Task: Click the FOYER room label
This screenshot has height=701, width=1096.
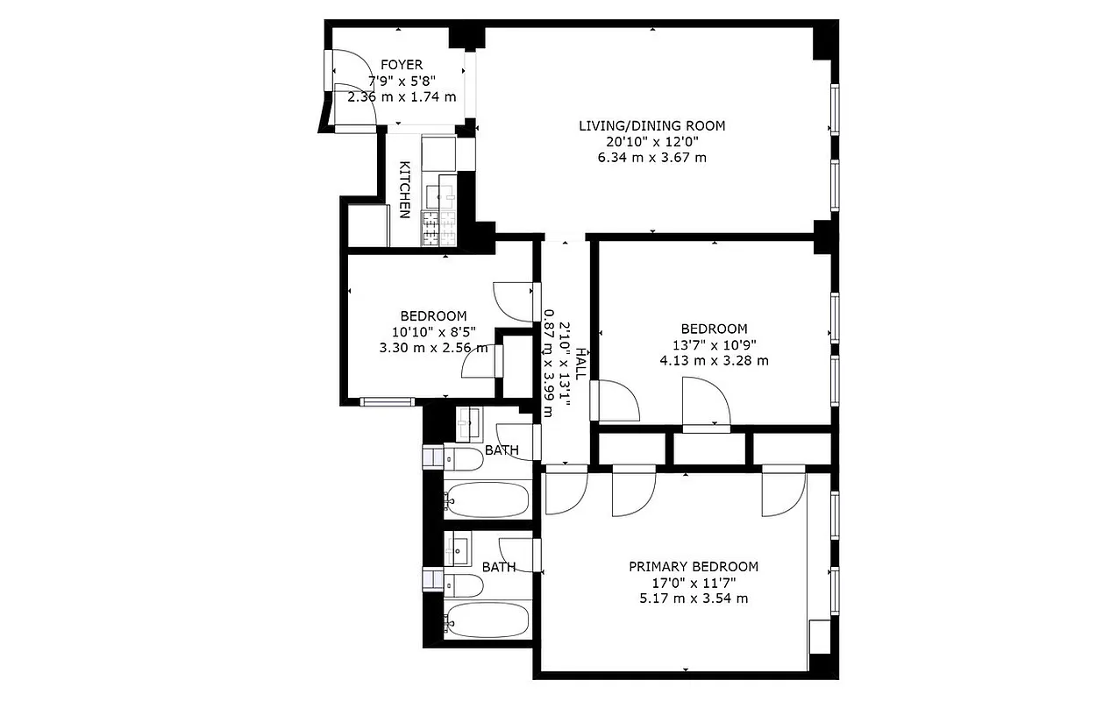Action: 402,65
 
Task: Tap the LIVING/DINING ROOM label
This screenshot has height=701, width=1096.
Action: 651,125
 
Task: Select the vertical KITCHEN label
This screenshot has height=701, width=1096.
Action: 405,190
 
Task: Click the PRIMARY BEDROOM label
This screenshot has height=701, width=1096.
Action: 694,567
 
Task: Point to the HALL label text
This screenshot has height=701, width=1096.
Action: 581,362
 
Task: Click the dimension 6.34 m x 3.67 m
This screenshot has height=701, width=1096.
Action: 651,158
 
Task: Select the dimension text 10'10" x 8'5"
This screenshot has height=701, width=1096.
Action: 433,332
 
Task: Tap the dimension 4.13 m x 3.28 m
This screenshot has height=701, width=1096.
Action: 715,360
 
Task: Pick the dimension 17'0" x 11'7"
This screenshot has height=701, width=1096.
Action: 694,583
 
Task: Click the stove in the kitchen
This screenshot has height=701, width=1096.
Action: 439,230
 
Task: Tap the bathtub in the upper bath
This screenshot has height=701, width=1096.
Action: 488,499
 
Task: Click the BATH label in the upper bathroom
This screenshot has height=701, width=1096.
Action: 502,450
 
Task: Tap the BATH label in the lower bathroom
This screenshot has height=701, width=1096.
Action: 498,567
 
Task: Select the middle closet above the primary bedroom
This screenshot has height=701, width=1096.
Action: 709,448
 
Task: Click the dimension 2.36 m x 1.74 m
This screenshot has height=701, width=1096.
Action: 402,96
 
